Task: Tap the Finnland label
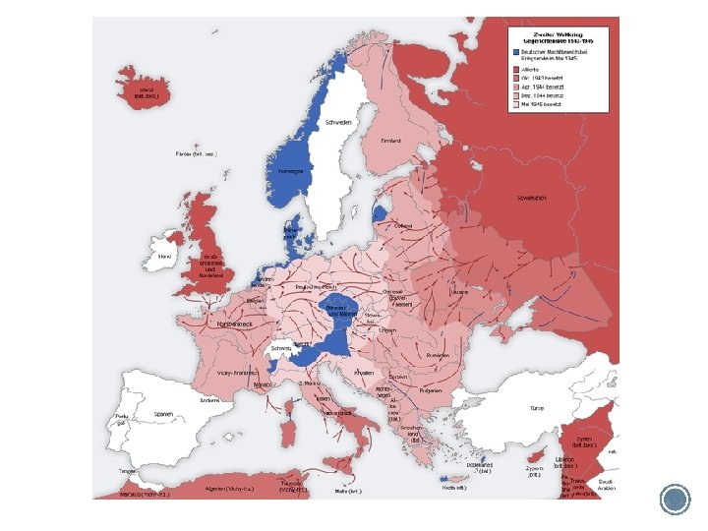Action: pyautogui.click(x=391, y=142)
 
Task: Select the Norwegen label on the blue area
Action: pyautogui.click(x=289, y=170)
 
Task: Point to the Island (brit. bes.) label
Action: pyautogui.click(x=147, y=92)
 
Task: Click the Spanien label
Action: pyautogui.click(x=163, y=414)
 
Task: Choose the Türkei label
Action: pyautogui.click(x=537, y=407)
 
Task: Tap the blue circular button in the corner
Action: pyautogui.click(x=676, y=499)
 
